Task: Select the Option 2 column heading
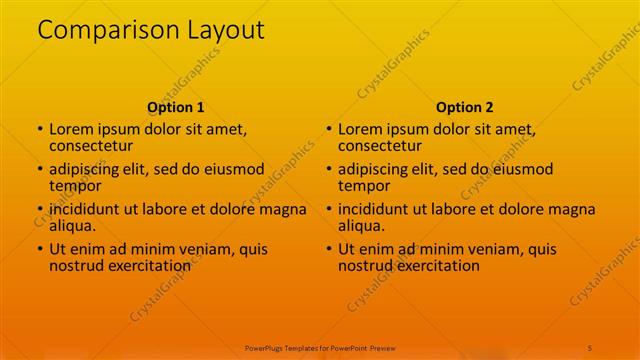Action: click(465, 107)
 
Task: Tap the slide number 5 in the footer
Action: click(590, 346)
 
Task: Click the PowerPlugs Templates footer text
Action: click(320, 346)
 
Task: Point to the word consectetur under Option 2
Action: click(380, 146)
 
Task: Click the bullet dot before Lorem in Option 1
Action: click(40, 130)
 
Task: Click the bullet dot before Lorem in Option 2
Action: click(328, 130)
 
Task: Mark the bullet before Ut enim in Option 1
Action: click(40, 250)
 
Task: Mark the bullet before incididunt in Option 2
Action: click(328, 210)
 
